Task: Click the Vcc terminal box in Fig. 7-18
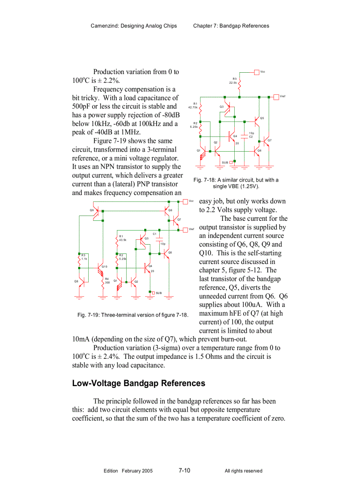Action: [257, 72]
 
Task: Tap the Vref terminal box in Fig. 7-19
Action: [185, 230]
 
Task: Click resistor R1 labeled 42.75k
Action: [201, 106]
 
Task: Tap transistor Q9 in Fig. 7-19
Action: [98, 211]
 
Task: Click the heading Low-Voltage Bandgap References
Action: [139, 383]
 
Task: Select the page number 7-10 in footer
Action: [184, 471]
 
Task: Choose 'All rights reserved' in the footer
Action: [243, 471]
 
